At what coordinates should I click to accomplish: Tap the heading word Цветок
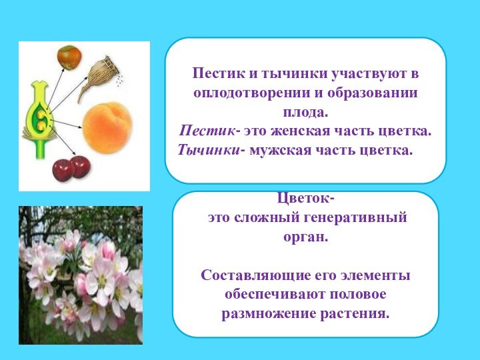[x=304, y=199]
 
